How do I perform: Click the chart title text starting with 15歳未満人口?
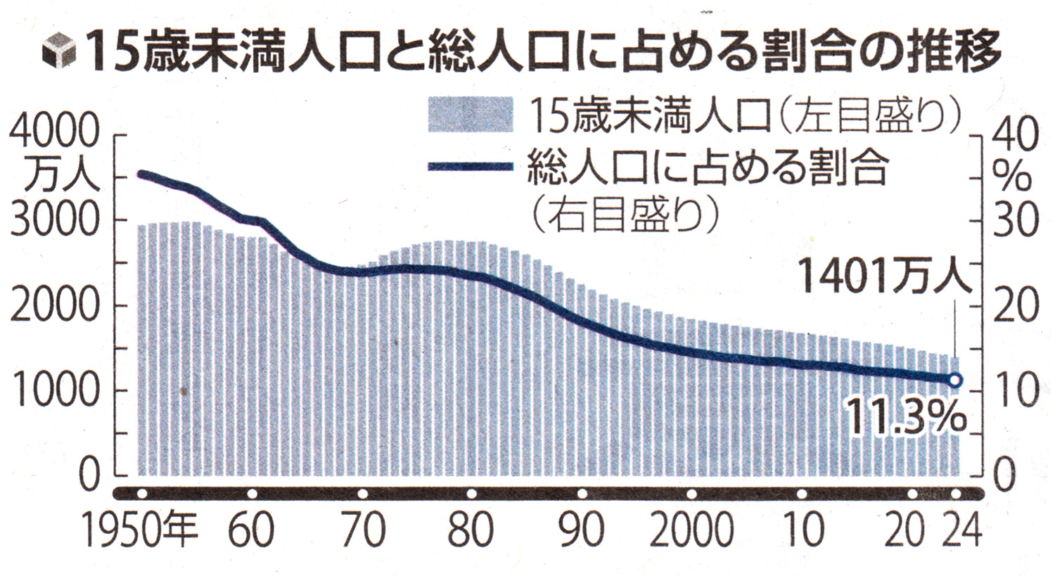(542, 51)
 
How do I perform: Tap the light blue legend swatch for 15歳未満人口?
(471, 115)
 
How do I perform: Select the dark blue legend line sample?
(471, 167)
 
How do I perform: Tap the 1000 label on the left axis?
(55, 391)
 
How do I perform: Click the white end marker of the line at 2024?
(954, 380)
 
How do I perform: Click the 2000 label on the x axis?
(691, 530)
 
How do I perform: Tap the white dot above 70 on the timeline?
(362, 493)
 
